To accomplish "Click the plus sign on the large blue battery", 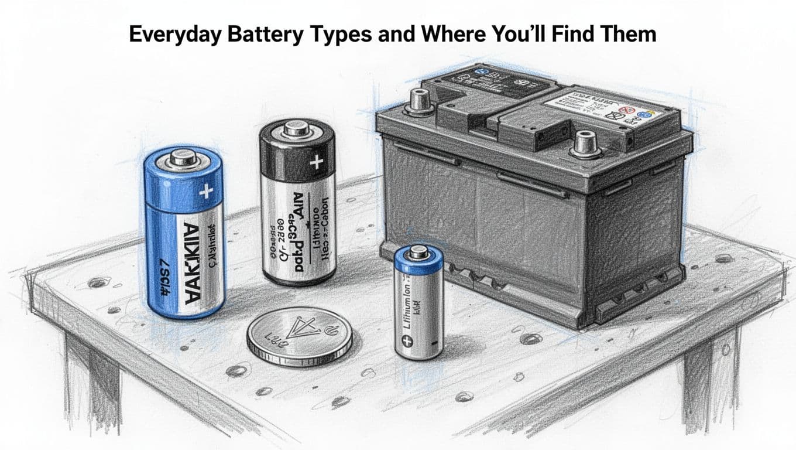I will tap(206, 191).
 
